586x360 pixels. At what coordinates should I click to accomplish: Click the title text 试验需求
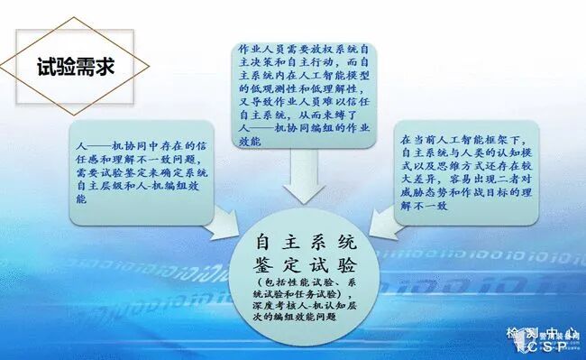[78, 66]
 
